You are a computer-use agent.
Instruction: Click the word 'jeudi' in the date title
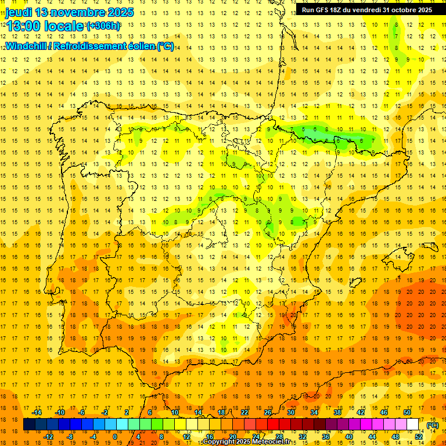click(x=19, y=12)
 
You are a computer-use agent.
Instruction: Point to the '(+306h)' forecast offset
click(x=103, y=26)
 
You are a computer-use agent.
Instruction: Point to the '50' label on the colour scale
click(x=407, y=412)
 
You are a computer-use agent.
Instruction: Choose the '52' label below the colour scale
click(x=419, y=437)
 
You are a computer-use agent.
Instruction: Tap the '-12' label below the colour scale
click(x=48, y=437)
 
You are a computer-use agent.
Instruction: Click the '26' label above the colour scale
click(x=268, y=412)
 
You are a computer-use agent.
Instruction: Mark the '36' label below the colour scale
click(x=326, y=437)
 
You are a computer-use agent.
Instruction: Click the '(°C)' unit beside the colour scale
click(x=433, y=425)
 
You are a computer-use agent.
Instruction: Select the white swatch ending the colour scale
click(x=413, y=425)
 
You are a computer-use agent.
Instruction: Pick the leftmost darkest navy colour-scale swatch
click(x=29, y=425)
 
